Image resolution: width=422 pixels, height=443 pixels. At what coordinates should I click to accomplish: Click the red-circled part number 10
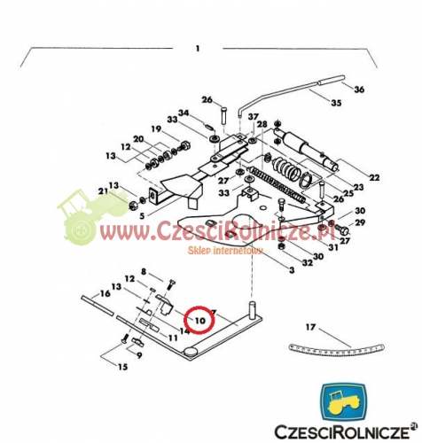(200, 321)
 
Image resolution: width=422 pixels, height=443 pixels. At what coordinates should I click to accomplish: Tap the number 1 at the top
(198, 48)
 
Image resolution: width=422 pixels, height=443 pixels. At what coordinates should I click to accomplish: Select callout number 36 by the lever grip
(359, 89)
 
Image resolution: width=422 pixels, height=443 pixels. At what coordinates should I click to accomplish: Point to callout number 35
(336, 103)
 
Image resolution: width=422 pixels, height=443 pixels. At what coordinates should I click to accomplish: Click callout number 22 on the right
(374, 177)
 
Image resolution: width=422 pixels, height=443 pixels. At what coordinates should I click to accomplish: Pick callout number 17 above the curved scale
(310, 327)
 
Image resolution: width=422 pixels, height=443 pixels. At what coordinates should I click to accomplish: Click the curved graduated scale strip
(336, 350)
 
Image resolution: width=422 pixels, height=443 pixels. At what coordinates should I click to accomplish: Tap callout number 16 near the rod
(105, 293)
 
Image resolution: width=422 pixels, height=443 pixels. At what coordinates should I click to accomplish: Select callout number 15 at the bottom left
(122, 367)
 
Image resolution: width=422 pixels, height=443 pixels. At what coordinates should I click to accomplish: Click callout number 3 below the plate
(292, 270)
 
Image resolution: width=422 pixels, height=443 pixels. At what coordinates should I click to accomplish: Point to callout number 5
(142, 216)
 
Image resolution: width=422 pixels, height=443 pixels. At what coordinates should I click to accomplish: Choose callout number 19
(156, 128)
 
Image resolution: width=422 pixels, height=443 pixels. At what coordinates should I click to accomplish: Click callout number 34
(184, 113)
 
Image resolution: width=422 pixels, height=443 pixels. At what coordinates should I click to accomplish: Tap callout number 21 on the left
(104, 191)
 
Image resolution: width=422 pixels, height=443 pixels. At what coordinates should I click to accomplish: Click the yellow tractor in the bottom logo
(343, 402)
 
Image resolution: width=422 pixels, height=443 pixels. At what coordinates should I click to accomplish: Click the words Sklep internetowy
(225, 251)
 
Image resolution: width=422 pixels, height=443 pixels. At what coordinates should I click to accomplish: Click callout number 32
(308, 262)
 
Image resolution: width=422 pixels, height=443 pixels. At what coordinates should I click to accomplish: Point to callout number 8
(144, 271)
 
